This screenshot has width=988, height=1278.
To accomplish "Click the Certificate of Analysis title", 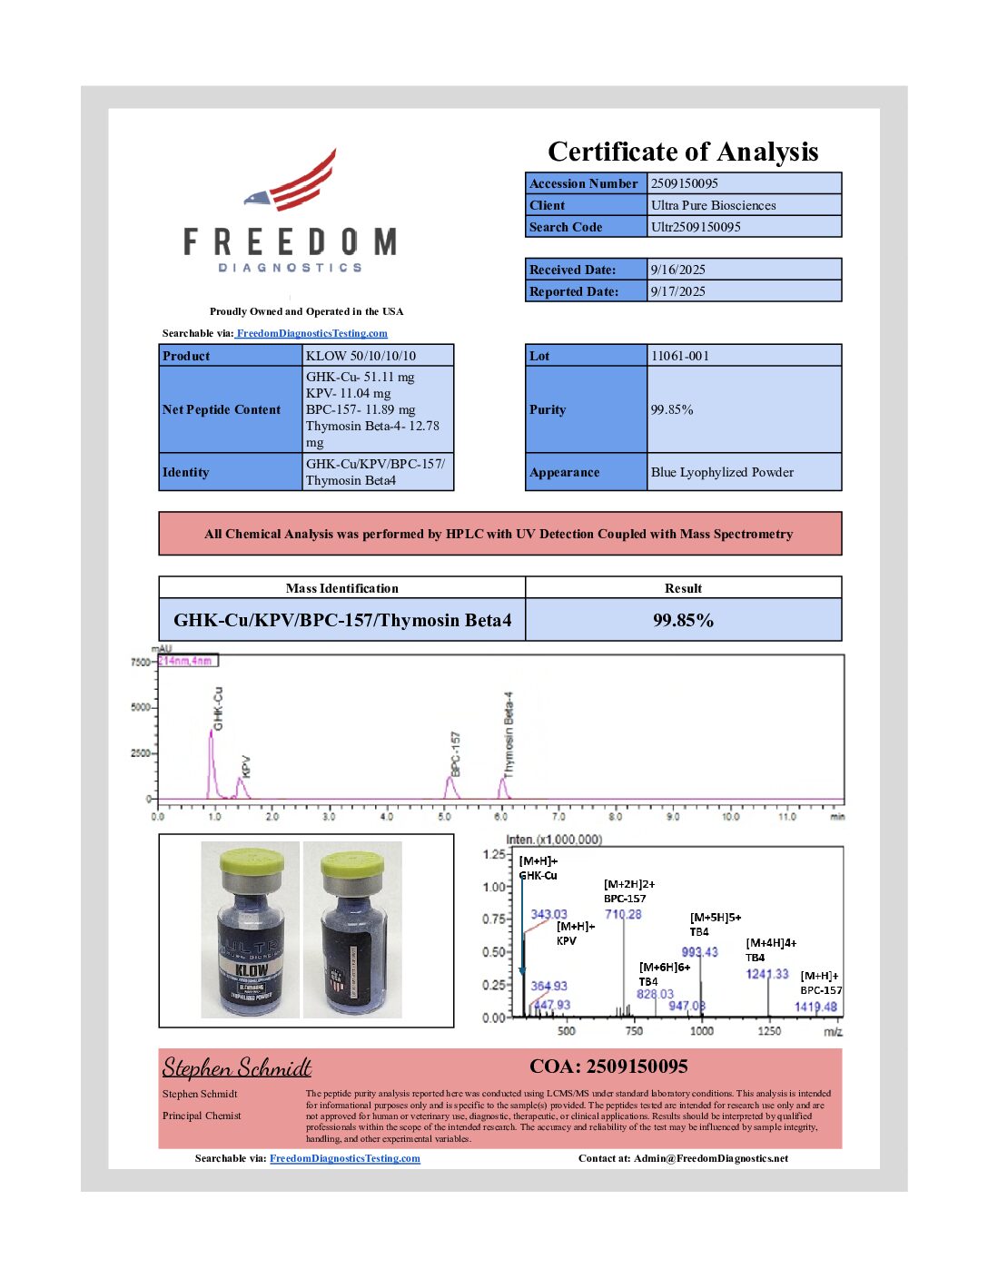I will click(683, 152).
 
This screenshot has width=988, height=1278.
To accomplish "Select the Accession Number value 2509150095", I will click(684, 183).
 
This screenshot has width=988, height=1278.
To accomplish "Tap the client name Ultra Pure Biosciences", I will click(713, 205).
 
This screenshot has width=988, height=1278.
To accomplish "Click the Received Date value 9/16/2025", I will click(677, 270).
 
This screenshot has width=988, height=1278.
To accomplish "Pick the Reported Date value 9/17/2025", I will click(677, 291).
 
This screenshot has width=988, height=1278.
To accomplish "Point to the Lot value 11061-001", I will click(679, 356).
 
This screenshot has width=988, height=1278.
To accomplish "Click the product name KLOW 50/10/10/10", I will click(361, 356).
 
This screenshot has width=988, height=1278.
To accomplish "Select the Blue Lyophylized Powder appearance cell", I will click(722, 472).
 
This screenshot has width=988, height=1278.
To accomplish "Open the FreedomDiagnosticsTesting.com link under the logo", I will click(311, 333).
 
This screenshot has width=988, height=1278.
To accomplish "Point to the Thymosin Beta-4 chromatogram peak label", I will click(509, 733).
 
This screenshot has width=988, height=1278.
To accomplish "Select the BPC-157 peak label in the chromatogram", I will click(455, 753).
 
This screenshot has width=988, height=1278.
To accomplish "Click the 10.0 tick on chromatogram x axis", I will click(730, 817).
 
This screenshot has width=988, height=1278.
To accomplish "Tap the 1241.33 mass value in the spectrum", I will click(767, 974).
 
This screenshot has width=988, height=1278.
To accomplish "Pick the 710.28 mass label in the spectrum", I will click(623, 914).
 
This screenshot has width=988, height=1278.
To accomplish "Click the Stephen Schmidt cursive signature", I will click(237, 1067).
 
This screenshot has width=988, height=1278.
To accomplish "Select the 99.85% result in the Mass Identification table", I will click(683, 620).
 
